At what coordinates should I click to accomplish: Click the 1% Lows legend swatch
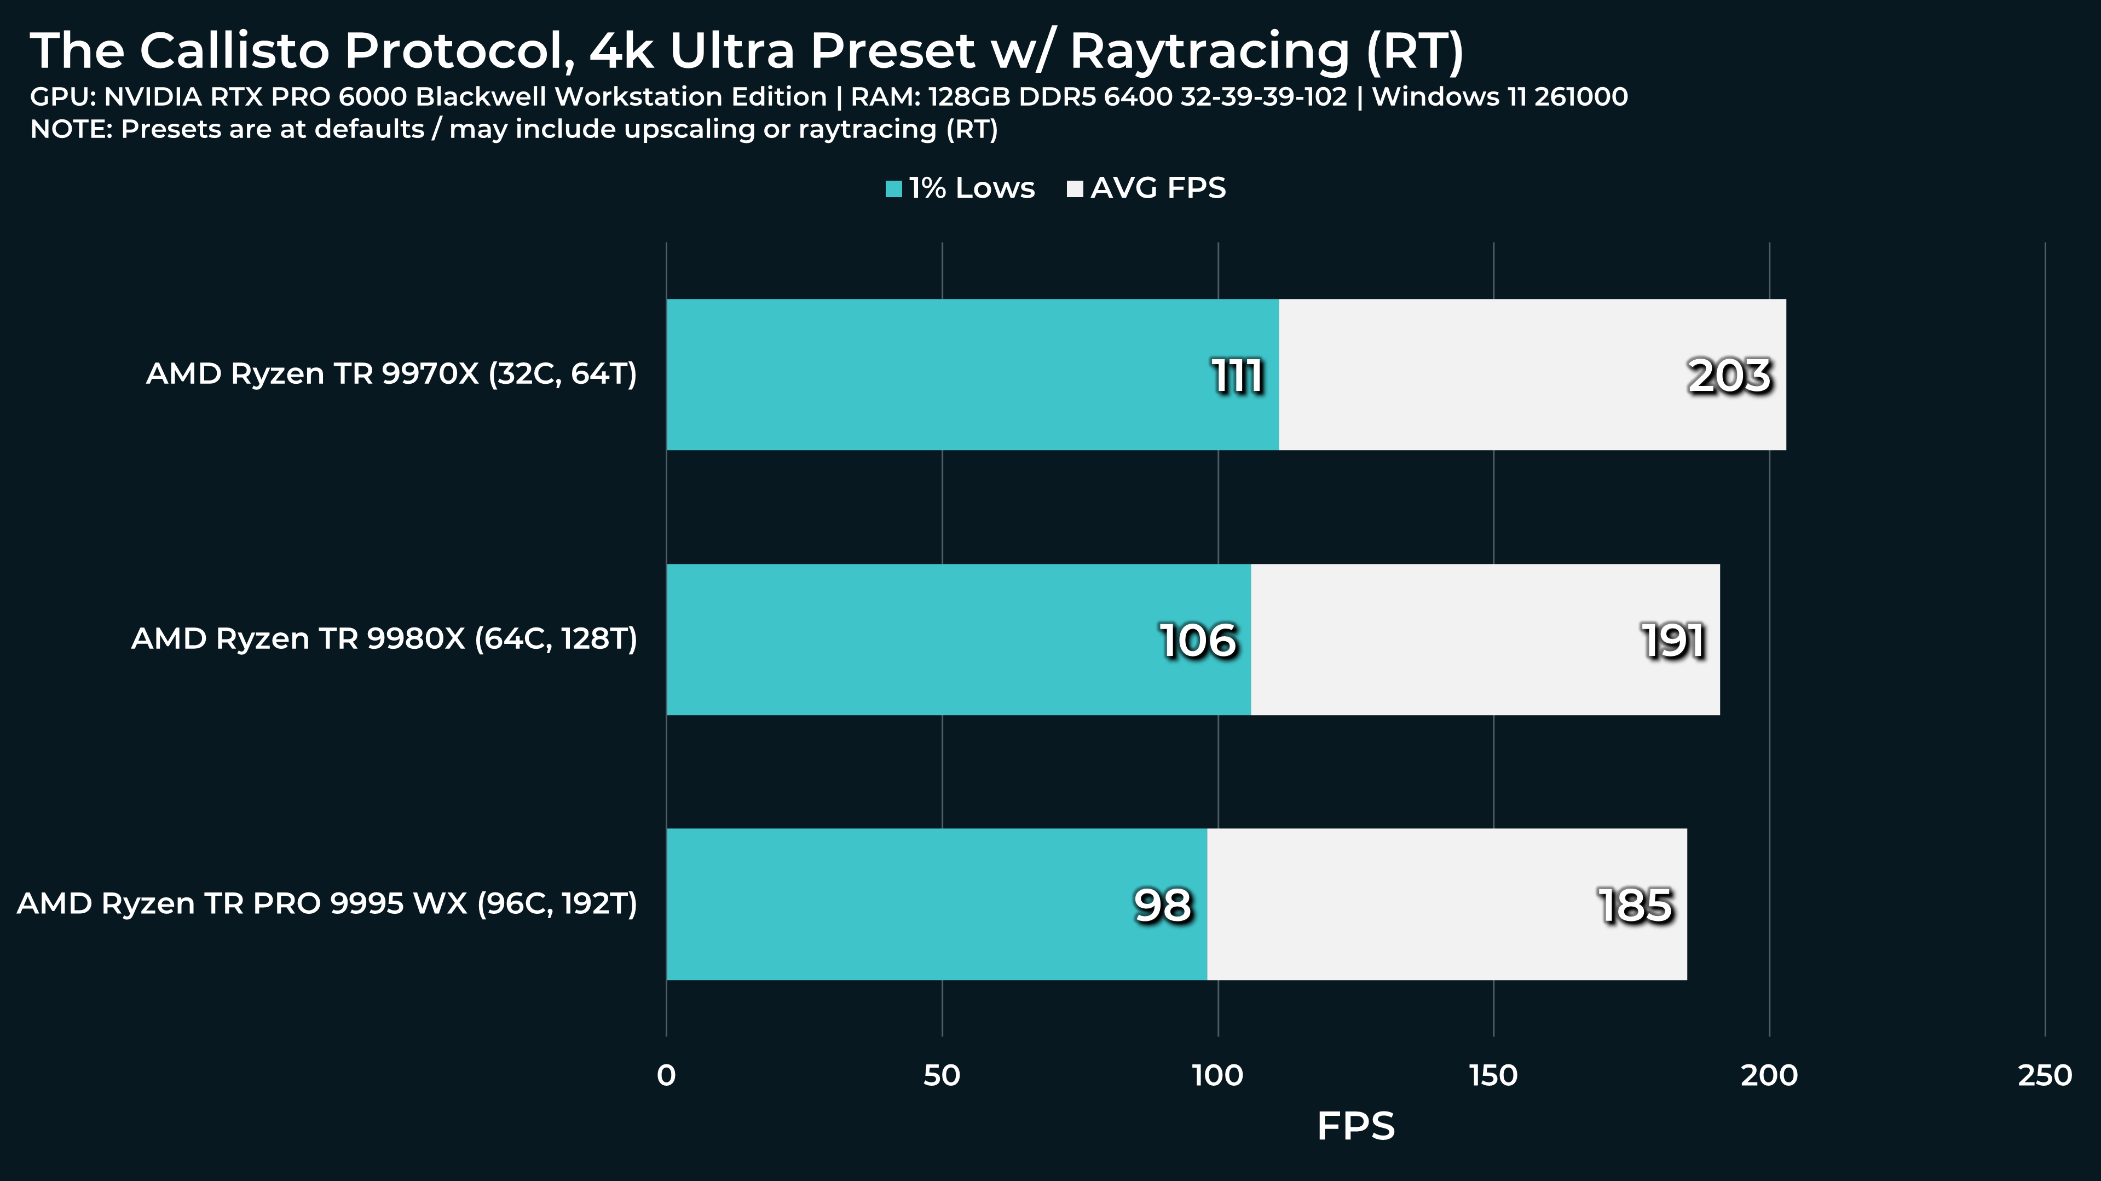click(x=894, y=189)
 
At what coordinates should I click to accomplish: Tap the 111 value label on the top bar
click(x=1237, y=376)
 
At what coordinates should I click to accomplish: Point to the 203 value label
click(x=1729, y=376)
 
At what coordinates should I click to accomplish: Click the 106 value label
click(x=1198, y=640)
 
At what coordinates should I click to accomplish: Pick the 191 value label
click(x=1673, y=640)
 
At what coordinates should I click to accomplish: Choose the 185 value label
click(x=1635, y=906)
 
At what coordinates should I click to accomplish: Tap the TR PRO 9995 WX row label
click(x=327, y=904)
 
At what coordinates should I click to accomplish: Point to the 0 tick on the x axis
click(x=666, y=1076)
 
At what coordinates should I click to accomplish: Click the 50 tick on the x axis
click(x=942, y=1076)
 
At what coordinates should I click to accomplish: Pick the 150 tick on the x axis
click(x=1493, y=1076)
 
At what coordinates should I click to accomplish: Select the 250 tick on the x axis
click(x=2045, y=1076)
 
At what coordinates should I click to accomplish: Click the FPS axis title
click(x=1355, y=1126)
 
